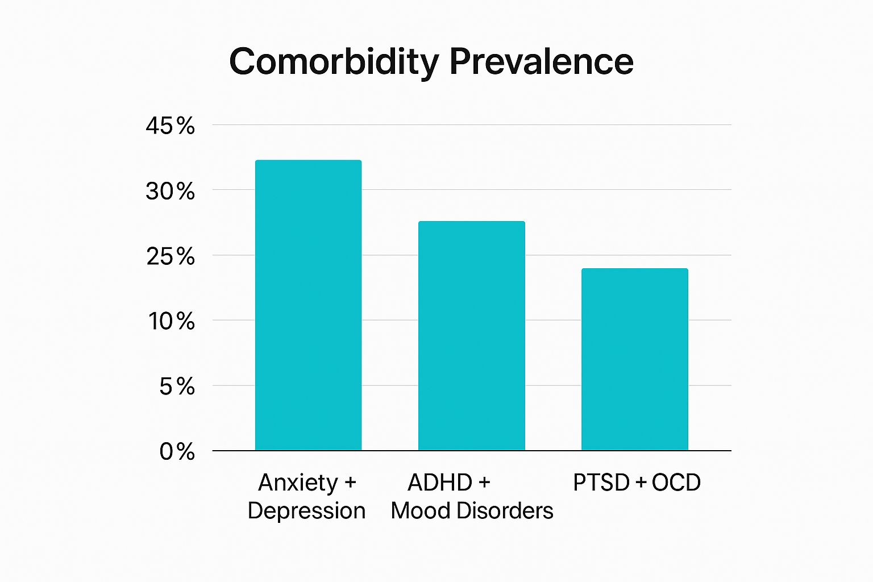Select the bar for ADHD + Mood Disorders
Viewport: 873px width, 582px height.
pos(471,336)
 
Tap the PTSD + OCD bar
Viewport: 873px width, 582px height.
pos(634,359)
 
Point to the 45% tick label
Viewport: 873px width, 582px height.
pos(170,126)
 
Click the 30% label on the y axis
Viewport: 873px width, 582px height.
pos(170,191)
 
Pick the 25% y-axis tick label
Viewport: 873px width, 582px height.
pos(170,256)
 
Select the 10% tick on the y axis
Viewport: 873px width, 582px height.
pos(171,322)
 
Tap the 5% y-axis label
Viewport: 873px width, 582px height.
pos(177,387)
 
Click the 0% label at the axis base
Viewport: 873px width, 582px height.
pos(177,452)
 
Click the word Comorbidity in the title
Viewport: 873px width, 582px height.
pos(334,61)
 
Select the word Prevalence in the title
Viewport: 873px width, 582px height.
pos(541,61)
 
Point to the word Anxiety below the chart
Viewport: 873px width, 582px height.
pos(298,483)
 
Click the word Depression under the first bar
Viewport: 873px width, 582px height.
pos(306,511)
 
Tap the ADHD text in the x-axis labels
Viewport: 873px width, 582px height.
pos(440,483)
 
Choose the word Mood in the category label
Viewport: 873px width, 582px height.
pos(421,511)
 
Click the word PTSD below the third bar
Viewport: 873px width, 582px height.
pos(601,483)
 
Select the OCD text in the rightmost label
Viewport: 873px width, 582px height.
pos(676,483)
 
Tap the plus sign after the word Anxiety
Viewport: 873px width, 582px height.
pos(350,483)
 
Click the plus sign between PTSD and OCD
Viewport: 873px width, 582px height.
pos(641,483)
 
